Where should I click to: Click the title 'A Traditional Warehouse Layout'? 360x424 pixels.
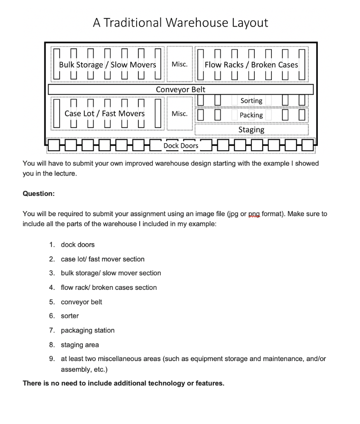pos(180,22)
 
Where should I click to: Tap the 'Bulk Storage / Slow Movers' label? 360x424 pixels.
pos(107,65)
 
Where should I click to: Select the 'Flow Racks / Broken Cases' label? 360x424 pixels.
pos(251,65)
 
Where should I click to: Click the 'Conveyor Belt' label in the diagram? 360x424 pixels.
pos(180,89)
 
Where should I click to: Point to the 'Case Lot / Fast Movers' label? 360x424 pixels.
pos(104,113)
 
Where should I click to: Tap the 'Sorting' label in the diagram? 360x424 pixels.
pos(251,101)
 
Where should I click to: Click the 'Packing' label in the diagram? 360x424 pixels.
pos(251,115)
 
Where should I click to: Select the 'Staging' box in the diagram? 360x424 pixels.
pos(251,130)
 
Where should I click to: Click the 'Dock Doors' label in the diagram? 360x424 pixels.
pos(181,146)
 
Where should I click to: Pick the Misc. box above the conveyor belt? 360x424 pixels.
pos(179,65)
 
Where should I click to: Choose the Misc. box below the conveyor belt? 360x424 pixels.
pos(179,113)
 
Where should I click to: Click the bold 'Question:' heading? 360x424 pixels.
pos(39,194)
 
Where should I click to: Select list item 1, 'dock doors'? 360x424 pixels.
pos(77,245)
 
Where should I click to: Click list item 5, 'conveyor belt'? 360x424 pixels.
pos(81,302)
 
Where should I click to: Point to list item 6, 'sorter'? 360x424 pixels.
pos(70,316)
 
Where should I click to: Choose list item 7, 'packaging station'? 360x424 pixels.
pos(87,330)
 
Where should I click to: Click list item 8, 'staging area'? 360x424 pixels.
pos(80,345)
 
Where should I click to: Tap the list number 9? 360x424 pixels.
pos(51,359)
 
